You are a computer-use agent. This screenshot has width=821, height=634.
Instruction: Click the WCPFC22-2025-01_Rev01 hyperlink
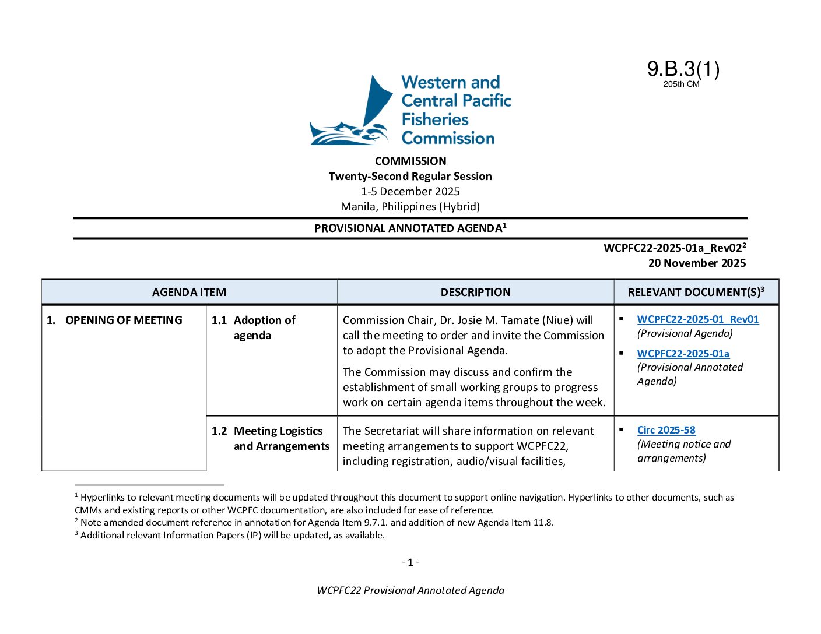pyautogui.click(x=697, y=319)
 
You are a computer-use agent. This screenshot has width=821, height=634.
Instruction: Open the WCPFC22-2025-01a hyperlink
pyautogui.click(x=683, y=354)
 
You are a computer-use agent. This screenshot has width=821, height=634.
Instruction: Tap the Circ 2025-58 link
pyautogui.click(x=666, y=430)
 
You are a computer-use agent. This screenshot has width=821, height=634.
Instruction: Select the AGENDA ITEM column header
pyautogui.click(x=189, y=292)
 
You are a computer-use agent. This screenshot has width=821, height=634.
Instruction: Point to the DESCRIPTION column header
pyautogui.click(x=475, y=292)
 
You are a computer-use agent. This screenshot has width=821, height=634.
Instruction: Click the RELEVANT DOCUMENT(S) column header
pyautogui.click(x=695, y=292)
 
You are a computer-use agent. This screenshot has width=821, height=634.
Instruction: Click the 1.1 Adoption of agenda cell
pyautogui.click(x=264, y=327)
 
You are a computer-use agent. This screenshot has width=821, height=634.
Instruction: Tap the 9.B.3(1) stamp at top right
pyautogui.click(x=683, y=69)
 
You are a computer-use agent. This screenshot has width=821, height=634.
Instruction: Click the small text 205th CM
pyautogui.click(x=681, y=84)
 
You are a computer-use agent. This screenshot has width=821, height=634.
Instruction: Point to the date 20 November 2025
pyautogui.click(x=697, y=263)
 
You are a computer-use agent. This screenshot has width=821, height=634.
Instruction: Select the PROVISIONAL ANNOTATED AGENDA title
pyautogui.click(x=408, y=228)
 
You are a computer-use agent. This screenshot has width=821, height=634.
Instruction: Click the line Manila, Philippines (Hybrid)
pyautogui.click(x=410, y=206)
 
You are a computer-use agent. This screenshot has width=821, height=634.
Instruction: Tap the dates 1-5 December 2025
pyautogui.click(x=410, y=191)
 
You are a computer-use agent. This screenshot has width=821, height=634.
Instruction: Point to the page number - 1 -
pyautogui.click(x=410, y=562)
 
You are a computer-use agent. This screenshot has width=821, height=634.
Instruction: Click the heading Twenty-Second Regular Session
pyautogui.click(x=410, y=176)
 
